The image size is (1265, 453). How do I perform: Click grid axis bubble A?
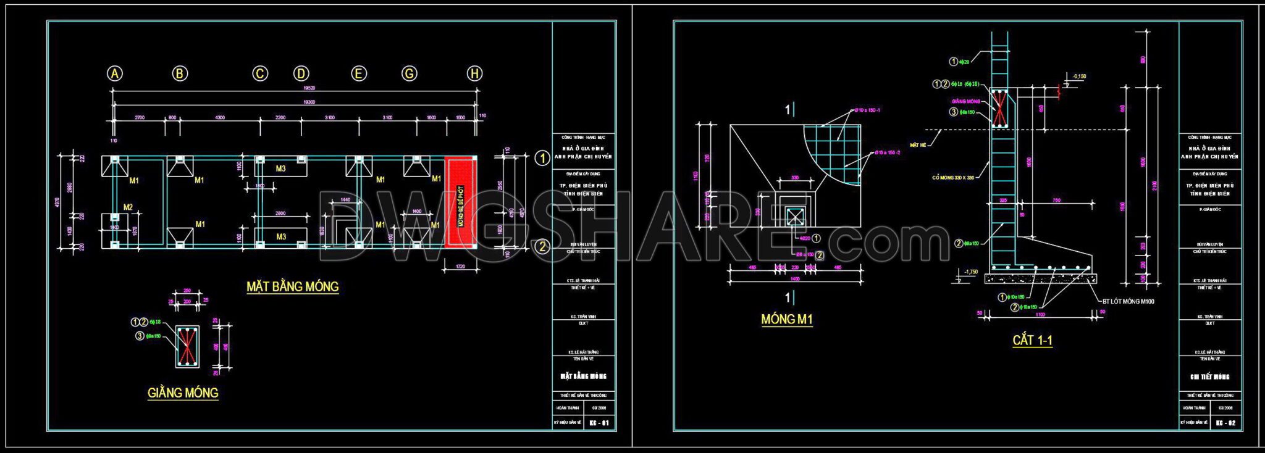tap(115, 74)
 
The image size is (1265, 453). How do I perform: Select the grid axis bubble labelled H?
tap(474, 74)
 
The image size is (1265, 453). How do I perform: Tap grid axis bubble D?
tap(301, 74)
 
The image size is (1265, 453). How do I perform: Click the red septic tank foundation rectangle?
tap(461, 202)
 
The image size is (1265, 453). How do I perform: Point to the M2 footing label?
tap(128, 207)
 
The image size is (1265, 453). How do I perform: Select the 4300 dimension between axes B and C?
tap(220, 117)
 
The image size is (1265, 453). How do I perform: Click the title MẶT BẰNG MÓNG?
tap(292, 287)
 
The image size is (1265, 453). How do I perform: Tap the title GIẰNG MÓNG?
tap(183, 393)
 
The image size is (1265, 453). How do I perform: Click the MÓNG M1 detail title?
tap(786, 320)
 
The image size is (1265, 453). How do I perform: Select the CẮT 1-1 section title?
tap(1032, 341)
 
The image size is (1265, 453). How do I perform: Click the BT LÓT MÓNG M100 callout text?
tap(1128, 302)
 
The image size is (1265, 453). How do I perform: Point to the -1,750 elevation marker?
tap(970, 272)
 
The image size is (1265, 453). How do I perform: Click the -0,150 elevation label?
tap(1079, 77)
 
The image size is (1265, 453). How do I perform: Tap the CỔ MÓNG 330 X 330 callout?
tap(953, 178)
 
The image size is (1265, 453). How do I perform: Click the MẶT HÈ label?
tap(918, 145)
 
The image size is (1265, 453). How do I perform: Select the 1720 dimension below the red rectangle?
tap(460, 266)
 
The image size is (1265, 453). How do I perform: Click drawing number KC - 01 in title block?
tap(599, 423)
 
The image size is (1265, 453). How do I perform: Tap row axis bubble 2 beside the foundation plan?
tap(542, 247)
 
